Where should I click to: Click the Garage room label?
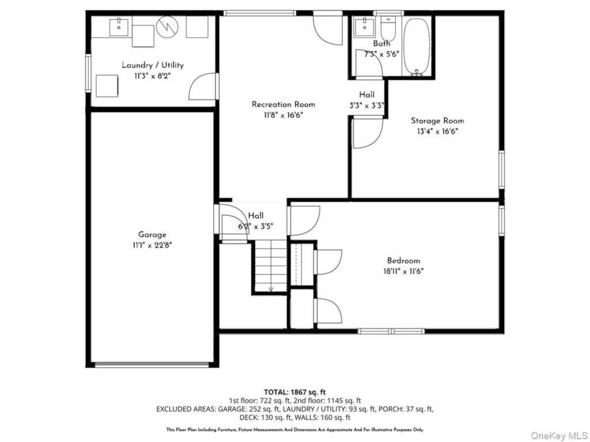pos(152,235)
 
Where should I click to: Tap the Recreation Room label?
pos(283,105)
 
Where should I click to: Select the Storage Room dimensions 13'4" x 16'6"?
pos(437,132)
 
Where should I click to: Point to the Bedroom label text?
pos(403,261)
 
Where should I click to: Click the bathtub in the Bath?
pos(417,45)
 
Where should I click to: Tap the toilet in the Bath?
pos(388,28)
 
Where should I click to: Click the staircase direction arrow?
pos(271,288)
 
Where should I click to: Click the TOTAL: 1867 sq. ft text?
pos(295,393)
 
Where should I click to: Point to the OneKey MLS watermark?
pos(559,435)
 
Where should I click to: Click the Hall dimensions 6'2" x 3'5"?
pos(256,227)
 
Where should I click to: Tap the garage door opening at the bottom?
pos(152,364)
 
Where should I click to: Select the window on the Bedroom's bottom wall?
pos(391,331)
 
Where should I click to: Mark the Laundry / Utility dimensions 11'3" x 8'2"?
pos(152,76)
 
